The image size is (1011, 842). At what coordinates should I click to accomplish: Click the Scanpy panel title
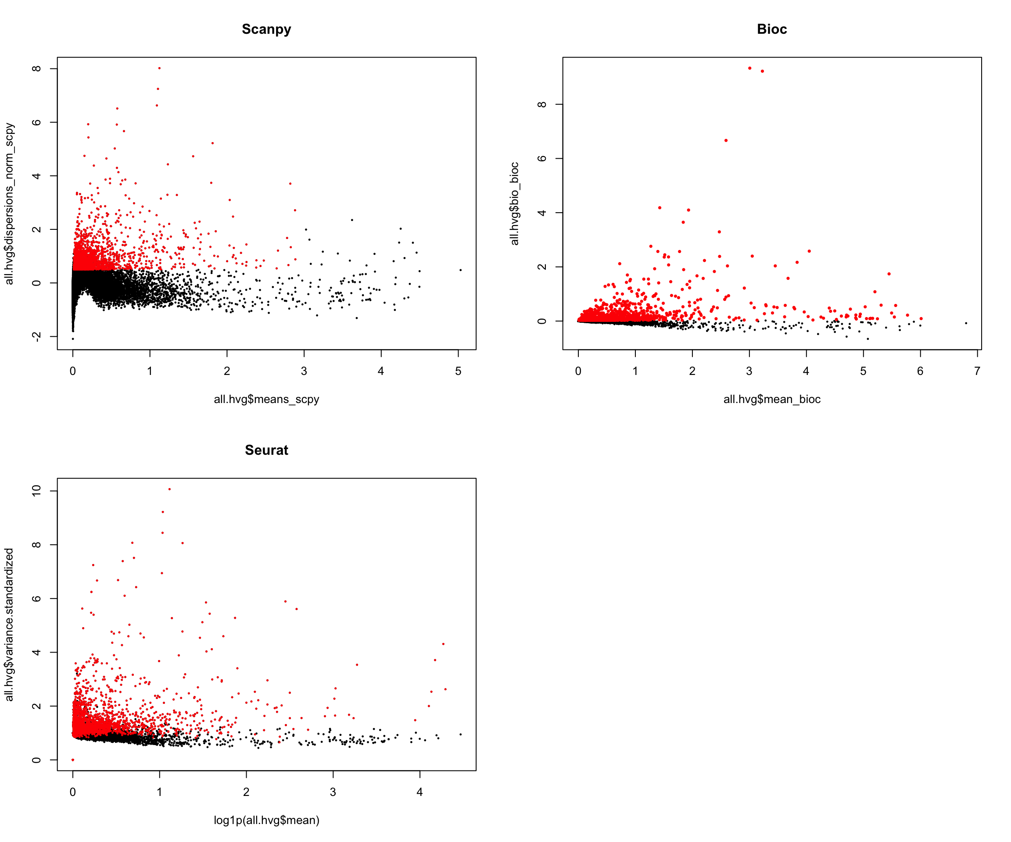point(266,29)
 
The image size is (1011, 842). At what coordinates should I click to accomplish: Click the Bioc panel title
point(772,29)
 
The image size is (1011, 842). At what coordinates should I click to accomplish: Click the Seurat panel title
point(266,450)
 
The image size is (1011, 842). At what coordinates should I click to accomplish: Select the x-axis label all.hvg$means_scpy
point(266,400)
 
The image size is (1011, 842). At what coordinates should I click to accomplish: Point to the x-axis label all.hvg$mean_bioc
point(772,400)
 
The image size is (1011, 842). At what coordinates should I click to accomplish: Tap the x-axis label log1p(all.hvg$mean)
point(266,820)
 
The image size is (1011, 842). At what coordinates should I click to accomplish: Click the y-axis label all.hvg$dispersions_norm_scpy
point(10,203)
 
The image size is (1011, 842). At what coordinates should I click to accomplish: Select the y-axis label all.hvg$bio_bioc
point(515,203)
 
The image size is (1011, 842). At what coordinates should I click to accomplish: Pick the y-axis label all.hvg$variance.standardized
point(10,624)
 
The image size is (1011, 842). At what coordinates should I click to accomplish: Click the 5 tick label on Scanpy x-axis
point(458,371)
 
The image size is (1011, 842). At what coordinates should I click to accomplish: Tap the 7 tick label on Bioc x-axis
point(977,371)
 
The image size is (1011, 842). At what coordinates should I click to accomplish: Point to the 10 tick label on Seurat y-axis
point(36,491)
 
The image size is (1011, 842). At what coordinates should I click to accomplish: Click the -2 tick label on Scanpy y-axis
point(36,336)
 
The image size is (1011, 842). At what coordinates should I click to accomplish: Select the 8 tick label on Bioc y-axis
point(542,104)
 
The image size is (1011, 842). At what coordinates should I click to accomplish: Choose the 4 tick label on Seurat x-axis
point(419,792)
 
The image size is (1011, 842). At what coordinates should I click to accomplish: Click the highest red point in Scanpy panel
point(159,68)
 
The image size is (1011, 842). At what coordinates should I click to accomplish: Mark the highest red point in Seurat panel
point(169,489)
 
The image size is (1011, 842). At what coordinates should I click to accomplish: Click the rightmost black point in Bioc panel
point(966,323)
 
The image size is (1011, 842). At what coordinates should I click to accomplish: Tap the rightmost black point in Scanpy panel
point(461,270)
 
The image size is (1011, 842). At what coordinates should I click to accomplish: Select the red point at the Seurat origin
point(73,760)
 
